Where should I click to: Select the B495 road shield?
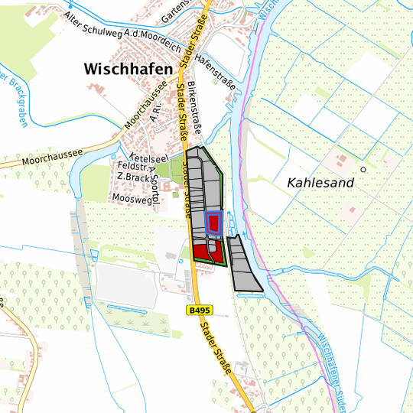[199, 311]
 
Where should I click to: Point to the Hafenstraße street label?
[215, 71]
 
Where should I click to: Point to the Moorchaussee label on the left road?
[52, 154]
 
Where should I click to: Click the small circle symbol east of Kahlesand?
[364, 169]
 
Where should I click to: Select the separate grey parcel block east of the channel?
[244, 265]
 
